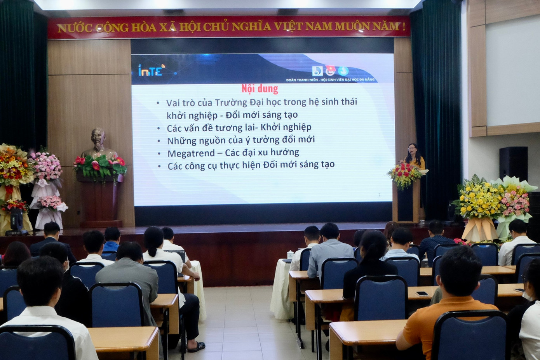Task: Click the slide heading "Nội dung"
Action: tap(260, 89)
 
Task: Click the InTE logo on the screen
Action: tap(151, 70)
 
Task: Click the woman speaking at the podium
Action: tap(413, 155)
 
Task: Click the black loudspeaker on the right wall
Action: tap(513, 163)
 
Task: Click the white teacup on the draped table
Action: tap(290, 255)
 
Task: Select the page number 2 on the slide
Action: tap(379, 195)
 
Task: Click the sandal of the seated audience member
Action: tap(196, 346)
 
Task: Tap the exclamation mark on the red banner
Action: tap(404, 26)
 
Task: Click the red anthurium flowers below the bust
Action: tap(100, 165)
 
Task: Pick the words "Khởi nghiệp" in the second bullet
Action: tap(286, 127)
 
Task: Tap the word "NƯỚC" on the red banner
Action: tap(75, 28)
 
